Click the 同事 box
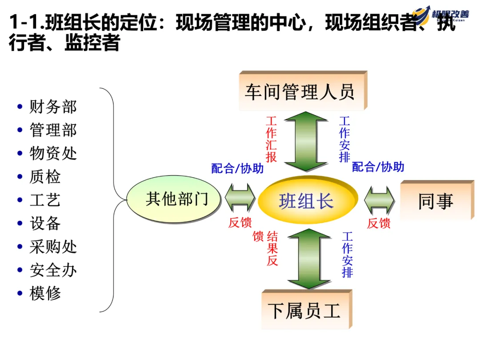[435, 201]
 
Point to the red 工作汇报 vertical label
[272, 139]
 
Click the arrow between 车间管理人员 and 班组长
[307, 141]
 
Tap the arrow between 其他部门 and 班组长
[240, 198]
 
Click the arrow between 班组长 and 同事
[379, 199]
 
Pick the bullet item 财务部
[53, 107]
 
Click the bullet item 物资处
[53, 153]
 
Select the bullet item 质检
[45, 177]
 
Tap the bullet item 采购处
[53, 247]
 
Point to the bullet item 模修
[45, 293]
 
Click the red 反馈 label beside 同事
[379, 223]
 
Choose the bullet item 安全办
[53, 270]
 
